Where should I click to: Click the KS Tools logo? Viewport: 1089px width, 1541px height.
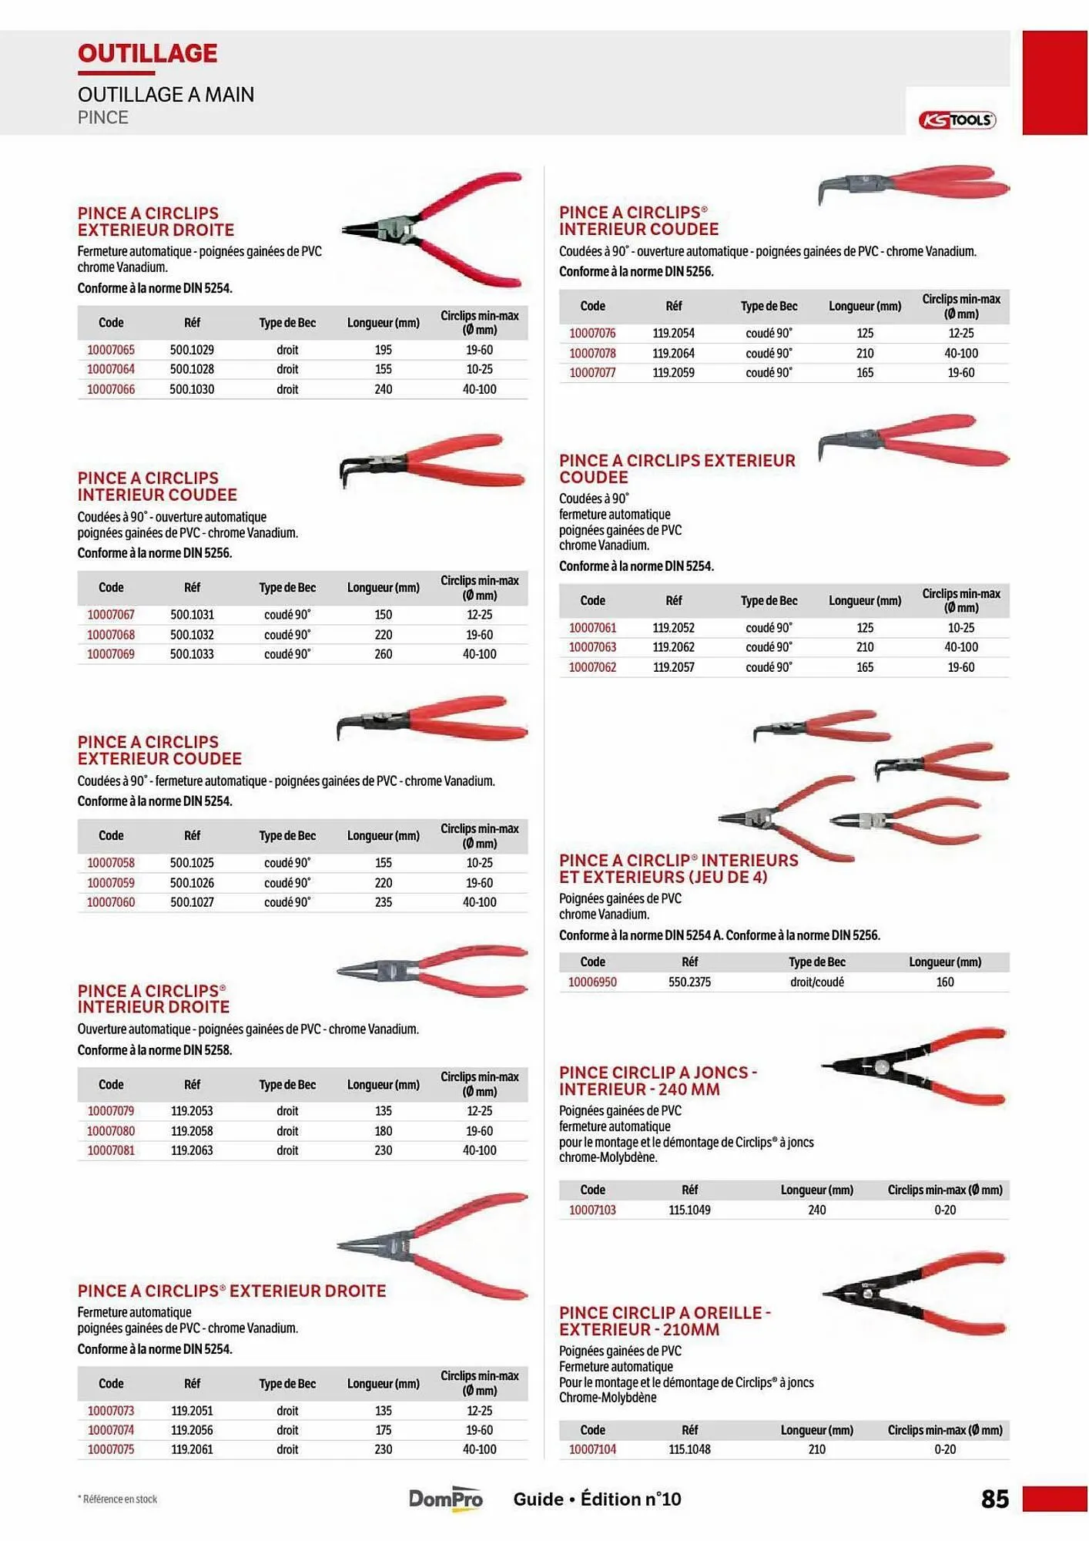pos(957,119)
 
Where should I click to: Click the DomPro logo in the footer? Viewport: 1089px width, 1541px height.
pos(445,1499)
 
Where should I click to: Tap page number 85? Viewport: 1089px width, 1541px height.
pos(994,1499)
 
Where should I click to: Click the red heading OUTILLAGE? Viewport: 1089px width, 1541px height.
pos(147,53)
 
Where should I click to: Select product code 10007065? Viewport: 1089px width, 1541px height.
pos(111,350)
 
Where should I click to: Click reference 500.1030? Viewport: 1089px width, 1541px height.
pos(192,389)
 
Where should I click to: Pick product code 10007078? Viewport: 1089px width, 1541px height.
pos(592,353)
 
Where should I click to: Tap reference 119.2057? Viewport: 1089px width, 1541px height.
pos(674,667)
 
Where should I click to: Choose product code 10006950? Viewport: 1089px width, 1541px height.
pos(592,982)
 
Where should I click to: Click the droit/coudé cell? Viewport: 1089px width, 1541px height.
pos(816,982)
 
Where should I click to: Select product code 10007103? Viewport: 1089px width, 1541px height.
pos(592,1210)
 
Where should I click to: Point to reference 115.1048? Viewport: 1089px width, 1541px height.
pos(689,1449)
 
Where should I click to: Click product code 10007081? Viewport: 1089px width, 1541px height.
pos(111,1150)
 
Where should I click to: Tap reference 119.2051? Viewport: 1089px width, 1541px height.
pos(192,1411)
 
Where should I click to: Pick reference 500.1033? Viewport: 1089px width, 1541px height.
pos(192,654)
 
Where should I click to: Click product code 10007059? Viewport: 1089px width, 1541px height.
pos(111,883)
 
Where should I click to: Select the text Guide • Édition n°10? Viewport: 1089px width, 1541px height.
pos(597,1499)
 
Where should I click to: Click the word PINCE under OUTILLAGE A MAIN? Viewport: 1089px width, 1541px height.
pos(102,117)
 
